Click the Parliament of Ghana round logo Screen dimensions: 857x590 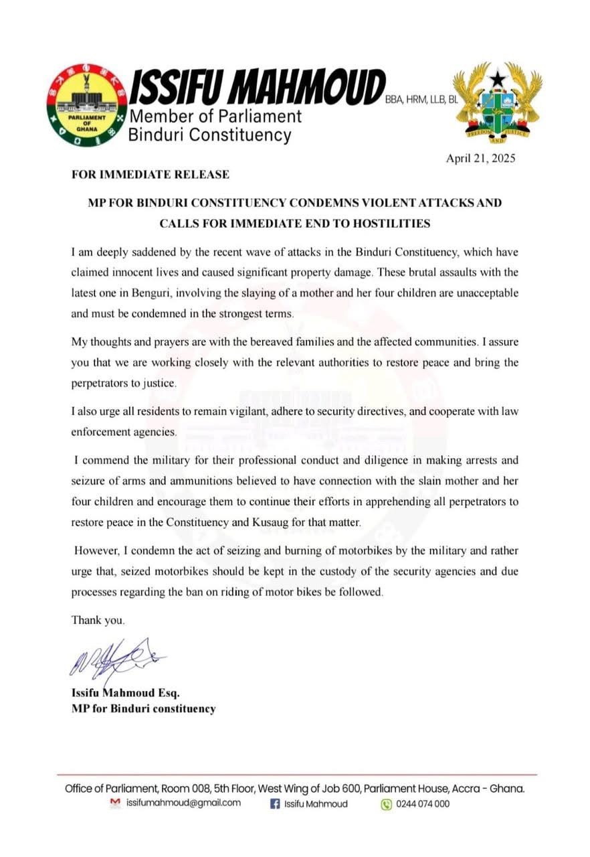[88, 105]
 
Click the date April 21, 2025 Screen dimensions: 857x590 [481, 159]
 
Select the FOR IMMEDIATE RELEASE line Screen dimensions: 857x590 [151, 175]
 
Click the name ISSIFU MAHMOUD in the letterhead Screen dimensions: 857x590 [257, 88]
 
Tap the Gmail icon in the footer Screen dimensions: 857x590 [115, 803]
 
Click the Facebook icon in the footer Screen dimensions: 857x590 [274, 804]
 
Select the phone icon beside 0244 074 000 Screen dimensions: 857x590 [386, 804]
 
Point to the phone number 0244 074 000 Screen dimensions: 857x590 [423, 804]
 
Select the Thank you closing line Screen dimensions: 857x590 [98, 621]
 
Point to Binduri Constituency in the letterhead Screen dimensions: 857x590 [209, 135]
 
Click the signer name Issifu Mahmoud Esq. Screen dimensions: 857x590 [126, 692]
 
